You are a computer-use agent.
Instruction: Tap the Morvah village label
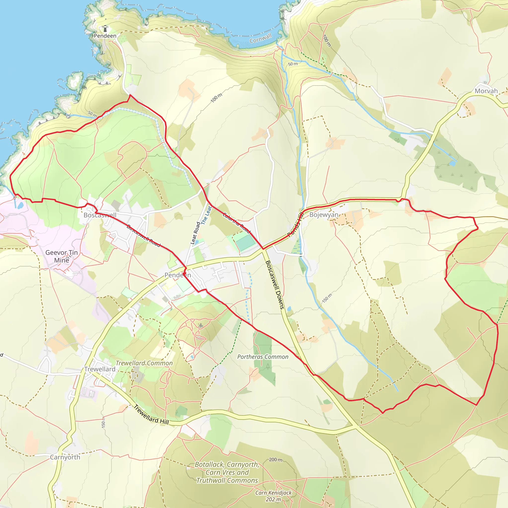click(486, 91)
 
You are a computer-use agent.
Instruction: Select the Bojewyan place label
click(324, 215)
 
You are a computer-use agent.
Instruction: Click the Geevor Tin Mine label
click(62, 256)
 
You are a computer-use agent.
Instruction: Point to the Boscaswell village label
click(100, 215)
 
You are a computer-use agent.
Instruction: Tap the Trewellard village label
click(100, 369)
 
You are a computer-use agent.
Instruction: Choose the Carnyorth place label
click(65, 457)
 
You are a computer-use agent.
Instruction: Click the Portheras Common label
click(263, 357)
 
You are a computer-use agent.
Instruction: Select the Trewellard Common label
click(144, 363)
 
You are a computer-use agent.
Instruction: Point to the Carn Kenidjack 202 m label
click(273, 496)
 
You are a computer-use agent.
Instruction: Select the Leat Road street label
click(195, 233)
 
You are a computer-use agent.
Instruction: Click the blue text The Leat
click(206, 215)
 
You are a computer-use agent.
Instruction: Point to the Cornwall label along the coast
click(260, 38)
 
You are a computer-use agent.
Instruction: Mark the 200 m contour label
click(275, 460)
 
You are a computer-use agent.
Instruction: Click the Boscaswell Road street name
click(143, 236)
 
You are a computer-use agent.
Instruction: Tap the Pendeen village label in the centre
click(178, 275)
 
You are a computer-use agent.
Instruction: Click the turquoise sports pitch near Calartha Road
click(245, 242)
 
